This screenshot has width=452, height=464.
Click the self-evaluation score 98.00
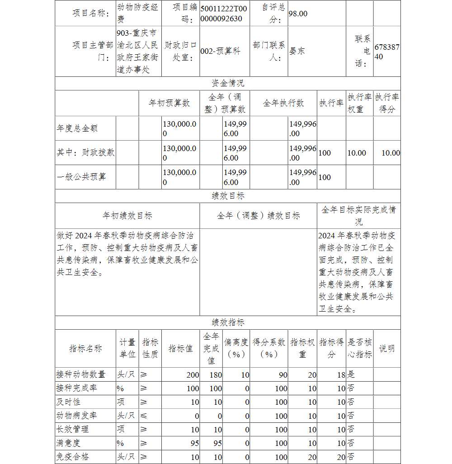[298, 14]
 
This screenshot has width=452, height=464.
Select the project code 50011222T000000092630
[224, 14]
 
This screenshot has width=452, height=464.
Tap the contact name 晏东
[297, 51]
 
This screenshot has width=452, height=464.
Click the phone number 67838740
[387, 52]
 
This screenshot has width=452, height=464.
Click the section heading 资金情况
[228, 83]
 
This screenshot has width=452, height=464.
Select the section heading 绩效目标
[228, 196]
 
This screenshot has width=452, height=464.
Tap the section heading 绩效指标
[228, 322]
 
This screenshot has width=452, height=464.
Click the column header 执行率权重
[359, 103]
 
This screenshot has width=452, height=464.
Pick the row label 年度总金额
[77, 128]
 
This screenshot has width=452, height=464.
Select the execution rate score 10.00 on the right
[391, 153]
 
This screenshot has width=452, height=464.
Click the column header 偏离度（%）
[236, 348]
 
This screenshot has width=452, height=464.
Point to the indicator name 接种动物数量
[81, 374]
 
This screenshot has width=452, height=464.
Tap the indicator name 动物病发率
[76, 416]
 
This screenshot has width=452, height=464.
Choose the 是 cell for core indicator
[351, 374]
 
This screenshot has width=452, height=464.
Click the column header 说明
[386, 348]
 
